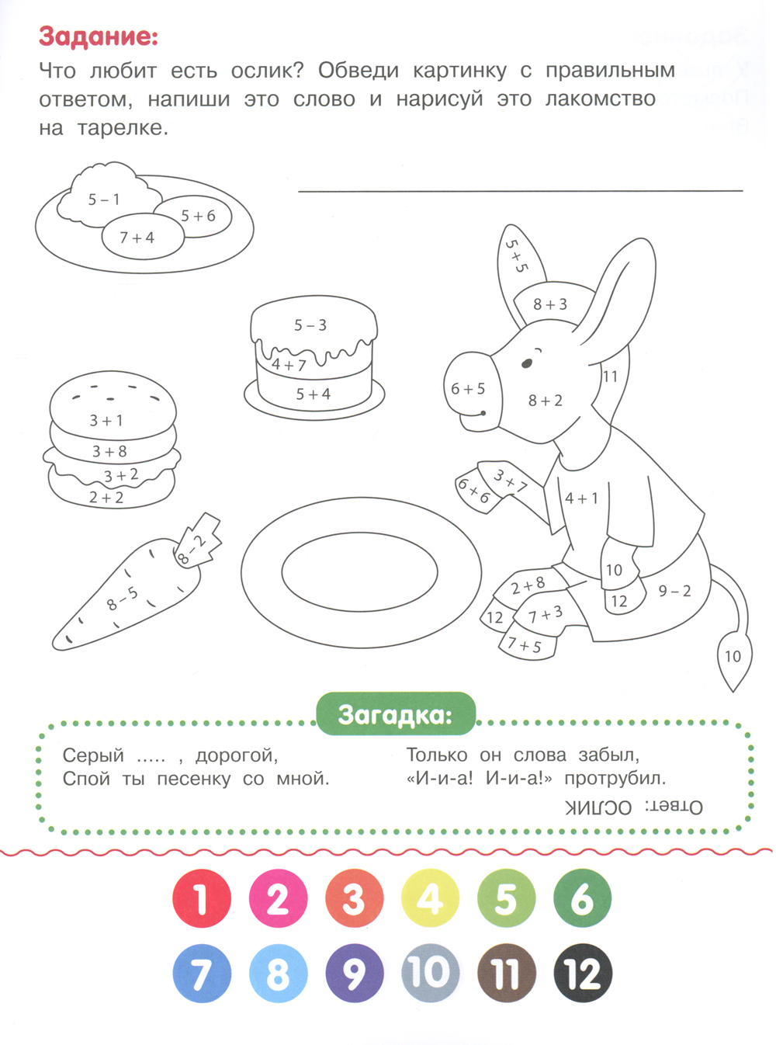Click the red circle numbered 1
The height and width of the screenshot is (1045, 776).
pos(202,898)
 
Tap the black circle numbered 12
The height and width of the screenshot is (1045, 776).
pos(583,974)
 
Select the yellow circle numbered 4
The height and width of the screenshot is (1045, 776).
pos(431,898)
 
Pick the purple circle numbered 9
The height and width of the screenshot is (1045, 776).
pos(354,974)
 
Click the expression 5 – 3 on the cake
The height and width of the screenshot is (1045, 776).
pos(310,325)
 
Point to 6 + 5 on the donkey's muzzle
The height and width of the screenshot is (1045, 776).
pos(468,389)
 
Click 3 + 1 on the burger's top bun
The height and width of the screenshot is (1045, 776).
pos(106,420)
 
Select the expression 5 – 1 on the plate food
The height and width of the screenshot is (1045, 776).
pos(104,200)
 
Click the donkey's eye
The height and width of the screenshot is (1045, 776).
pos(527,363)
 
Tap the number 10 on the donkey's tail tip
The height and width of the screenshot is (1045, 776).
pos(733,656)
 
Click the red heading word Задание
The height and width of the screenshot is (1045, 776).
pos(99,36)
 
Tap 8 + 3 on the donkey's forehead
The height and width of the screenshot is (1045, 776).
pos(550,304)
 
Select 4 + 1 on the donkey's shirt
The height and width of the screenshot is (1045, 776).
pos(581,498)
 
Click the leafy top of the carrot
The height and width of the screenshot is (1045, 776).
pos(199,541)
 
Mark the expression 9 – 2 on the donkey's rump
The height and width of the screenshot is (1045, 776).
pos(674,591)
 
